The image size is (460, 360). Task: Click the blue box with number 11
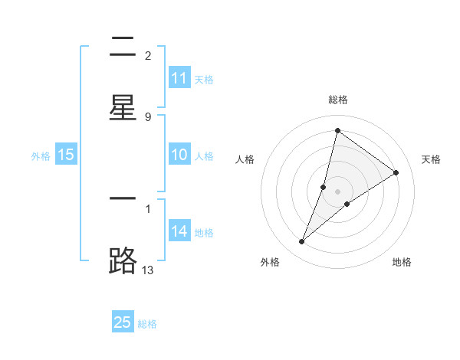tap(179, 78)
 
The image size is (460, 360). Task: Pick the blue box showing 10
tap(179, 155)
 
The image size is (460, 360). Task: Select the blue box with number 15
tap(66, 155)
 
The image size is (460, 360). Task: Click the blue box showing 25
tap(123, 322)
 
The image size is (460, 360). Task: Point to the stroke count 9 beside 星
tap(148, 116)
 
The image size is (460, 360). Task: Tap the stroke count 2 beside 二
tap(148, 56)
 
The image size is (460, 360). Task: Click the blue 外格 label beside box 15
tap(41, 156)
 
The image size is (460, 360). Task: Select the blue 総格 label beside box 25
tap(147, 324)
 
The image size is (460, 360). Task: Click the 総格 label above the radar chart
tap(338, 100)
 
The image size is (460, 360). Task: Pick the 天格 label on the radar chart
tap(431, 159)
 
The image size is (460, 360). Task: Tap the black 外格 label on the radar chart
tap(270, 262)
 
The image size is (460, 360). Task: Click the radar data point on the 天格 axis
tap(396, 172)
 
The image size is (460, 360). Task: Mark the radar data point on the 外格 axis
tap(302, 242)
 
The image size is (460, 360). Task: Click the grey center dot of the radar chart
tap(338, 191)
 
